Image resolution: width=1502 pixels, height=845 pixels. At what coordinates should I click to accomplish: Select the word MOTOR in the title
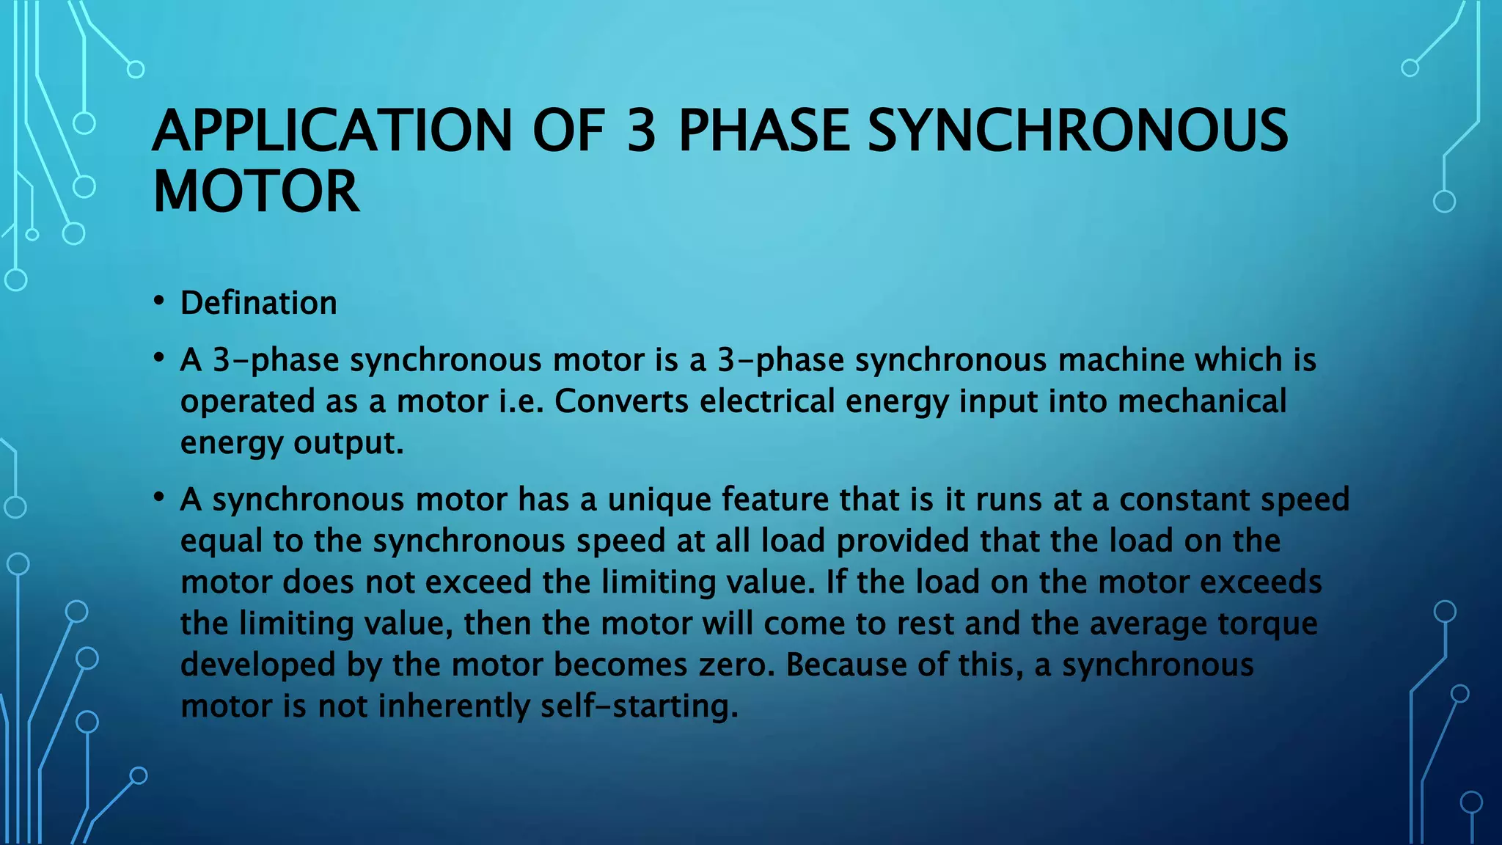point(256,191)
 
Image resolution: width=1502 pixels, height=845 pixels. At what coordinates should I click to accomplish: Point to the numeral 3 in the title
point(641,131)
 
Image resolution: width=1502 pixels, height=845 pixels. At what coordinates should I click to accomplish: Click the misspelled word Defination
point(259,303)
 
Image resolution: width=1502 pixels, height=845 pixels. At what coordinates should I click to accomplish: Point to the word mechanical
point(1202,401)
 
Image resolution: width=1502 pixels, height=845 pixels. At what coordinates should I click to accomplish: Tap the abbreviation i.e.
point(521,401)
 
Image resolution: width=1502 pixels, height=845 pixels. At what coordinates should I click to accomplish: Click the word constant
point(1184,500)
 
